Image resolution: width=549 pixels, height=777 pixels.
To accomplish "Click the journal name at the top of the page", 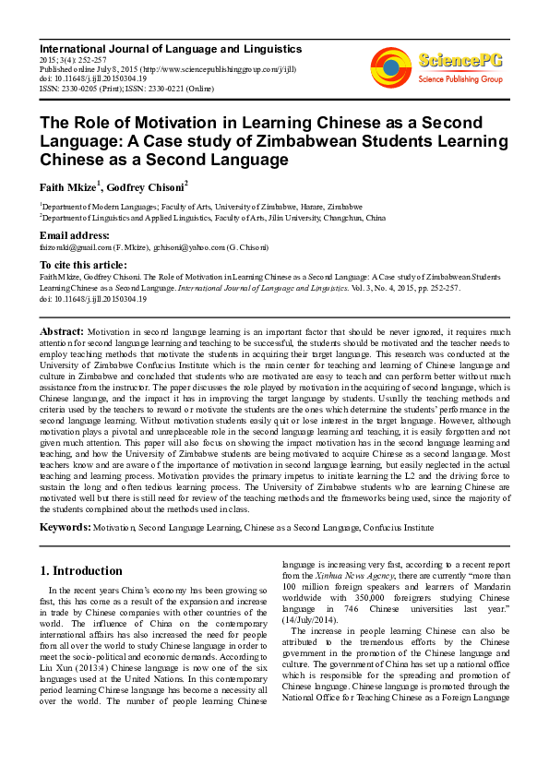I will click(x=171, y=47).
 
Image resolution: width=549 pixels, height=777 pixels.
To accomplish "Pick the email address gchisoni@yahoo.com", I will click(x=186, y=247).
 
